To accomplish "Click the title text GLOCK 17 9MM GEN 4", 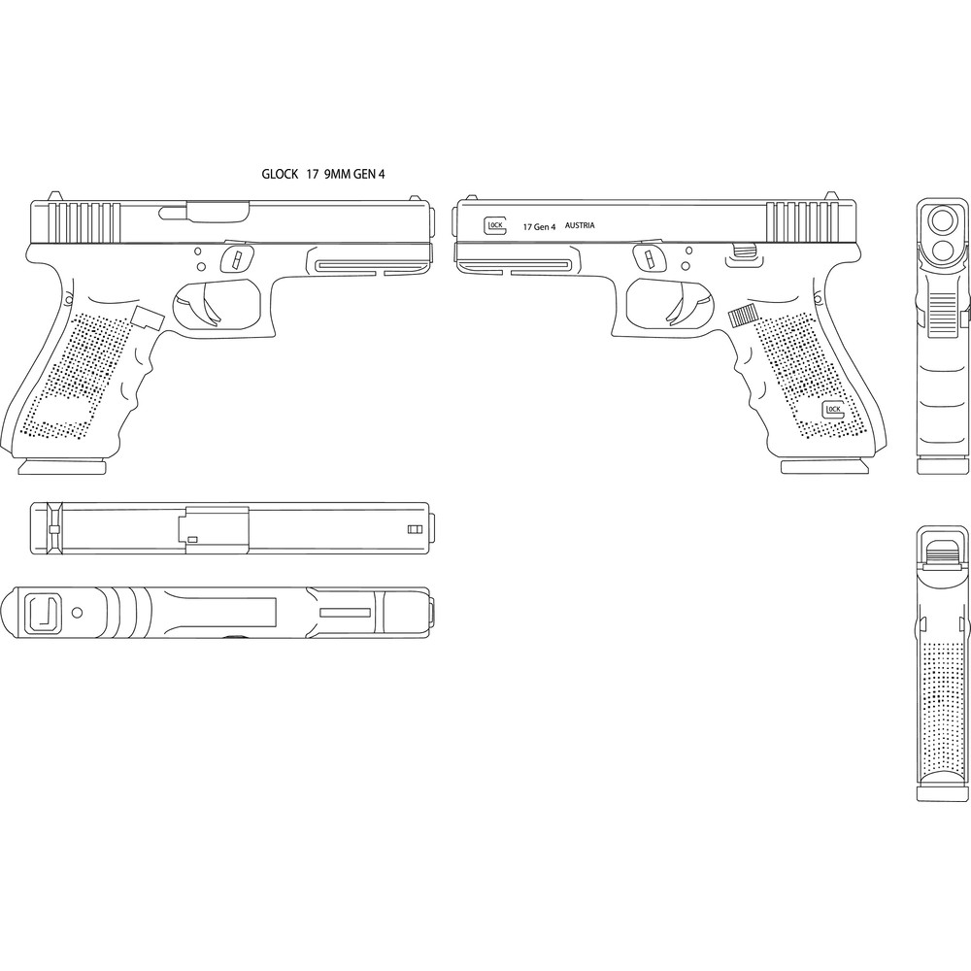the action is (x=322, y=174).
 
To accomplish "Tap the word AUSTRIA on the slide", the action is (x=580, y=225).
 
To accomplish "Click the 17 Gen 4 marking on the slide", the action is (x=539, y=226).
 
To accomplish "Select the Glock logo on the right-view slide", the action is (x=494, y=225).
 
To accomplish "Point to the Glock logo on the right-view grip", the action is (x=832, y=410).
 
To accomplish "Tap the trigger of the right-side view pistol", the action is (x=686, y=308).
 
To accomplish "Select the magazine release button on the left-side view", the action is (x=148, y=318).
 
